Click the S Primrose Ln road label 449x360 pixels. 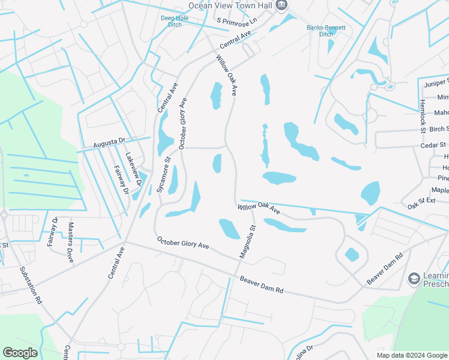click(x=237, y=21)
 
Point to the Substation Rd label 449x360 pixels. click(x=31, y=284)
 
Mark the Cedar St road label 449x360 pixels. click(x=434, y=145)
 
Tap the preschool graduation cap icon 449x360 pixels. click(x=414, y=278)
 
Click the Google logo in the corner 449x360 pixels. click(x=20, y=353)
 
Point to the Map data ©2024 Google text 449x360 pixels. click(x=412, y=355)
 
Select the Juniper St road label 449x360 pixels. click(x=436, y=82)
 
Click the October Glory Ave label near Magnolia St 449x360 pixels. click(x=182, y=243)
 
